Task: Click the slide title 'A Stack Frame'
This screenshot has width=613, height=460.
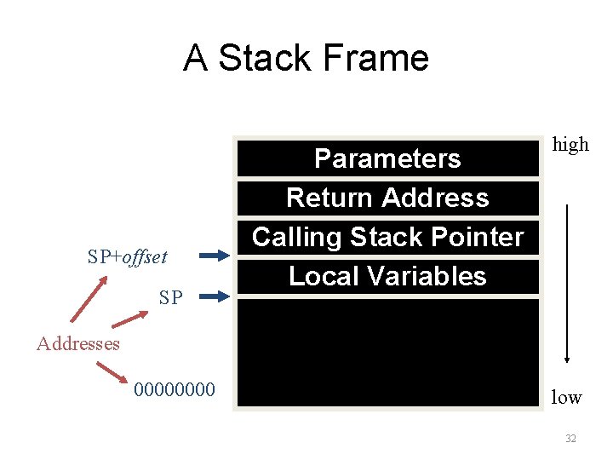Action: (306, 58)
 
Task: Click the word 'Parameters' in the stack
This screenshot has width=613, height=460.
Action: (387, 158)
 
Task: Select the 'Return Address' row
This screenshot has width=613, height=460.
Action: (387, 198)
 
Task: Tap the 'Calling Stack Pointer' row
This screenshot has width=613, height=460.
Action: (387, 236)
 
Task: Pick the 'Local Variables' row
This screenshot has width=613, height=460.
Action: (387, 276)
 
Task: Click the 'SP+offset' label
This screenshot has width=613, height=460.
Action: (128, 256)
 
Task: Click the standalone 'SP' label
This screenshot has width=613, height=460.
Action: (170, 297)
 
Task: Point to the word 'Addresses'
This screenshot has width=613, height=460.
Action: (77, 343)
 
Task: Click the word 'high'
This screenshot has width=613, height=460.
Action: (570, 144)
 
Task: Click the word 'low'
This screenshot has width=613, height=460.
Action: (566, 397)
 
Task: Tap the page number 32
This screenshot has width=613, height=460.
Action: (570, 439)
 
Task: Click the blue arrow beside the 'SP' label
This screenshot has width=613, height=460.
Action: (216, 296)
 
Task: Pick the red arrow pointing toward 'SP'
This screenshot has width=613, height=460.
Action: (129, 319)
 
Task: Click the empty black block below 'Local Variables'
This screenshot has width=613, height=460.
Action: (387, 354)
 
